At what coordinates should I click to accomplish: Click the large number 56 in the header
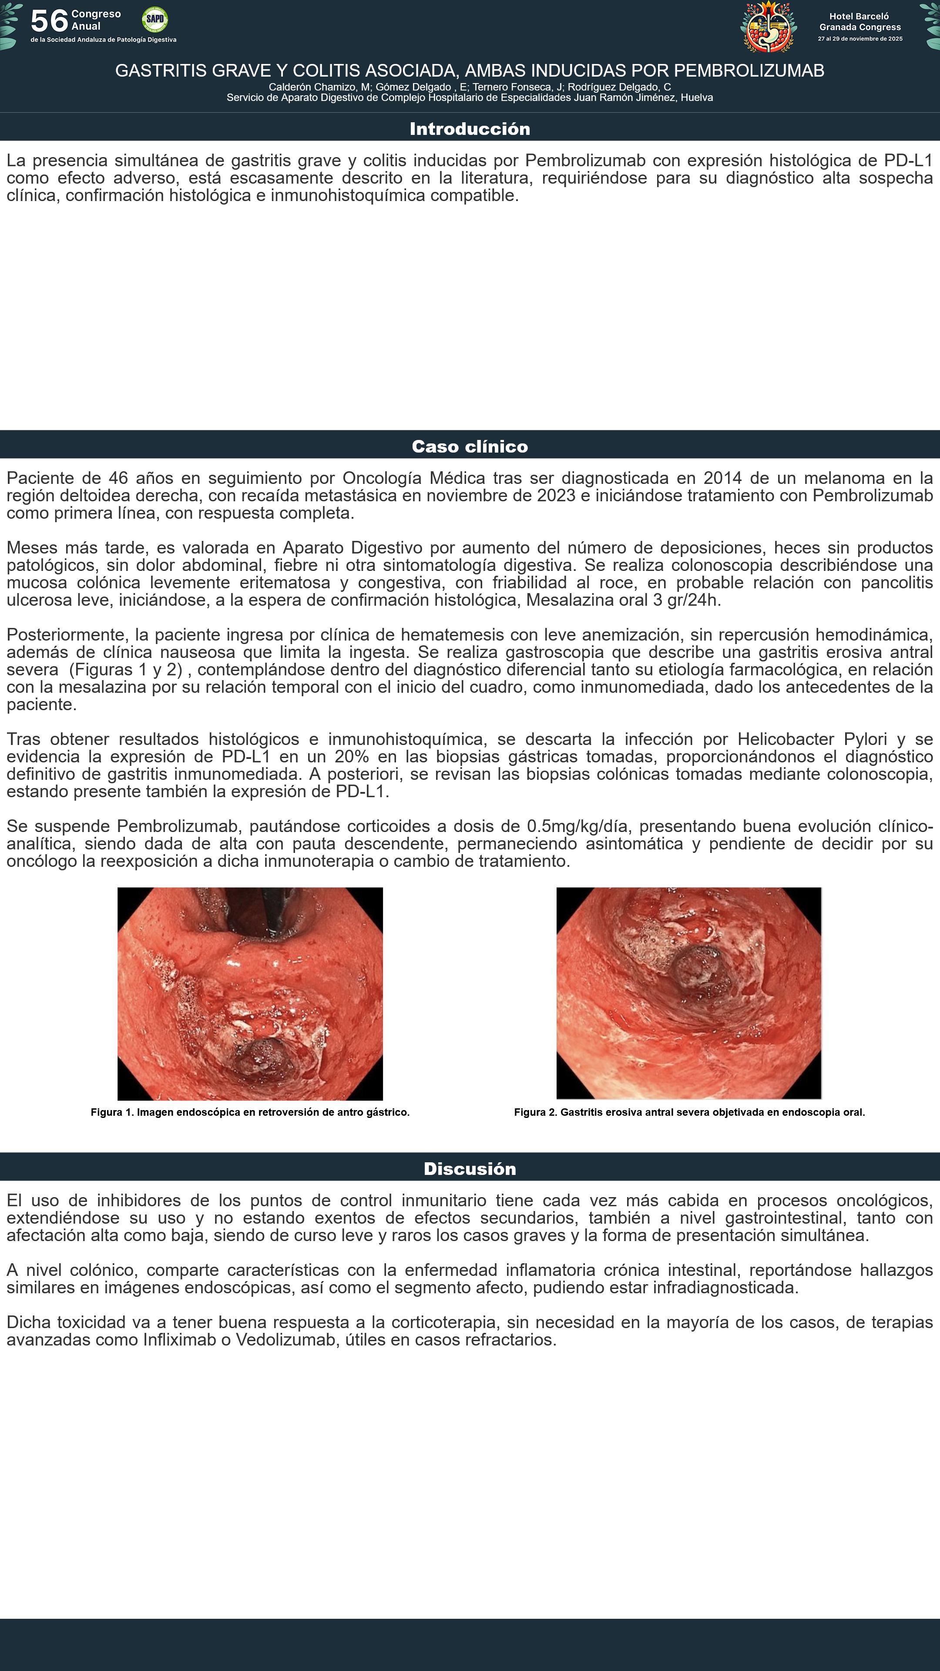pos(49,21)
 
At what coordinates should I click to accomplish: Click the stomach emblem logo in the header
pos(769,28)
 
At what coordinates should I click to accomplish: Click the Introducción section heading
pos(470,128)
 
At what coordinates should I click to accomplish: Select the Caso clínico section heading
pos(470,446)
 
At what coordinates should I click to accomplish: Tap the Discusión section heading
pos(470,1169)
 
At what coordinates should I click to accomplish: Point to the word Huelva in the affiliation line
pos(696,98)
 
